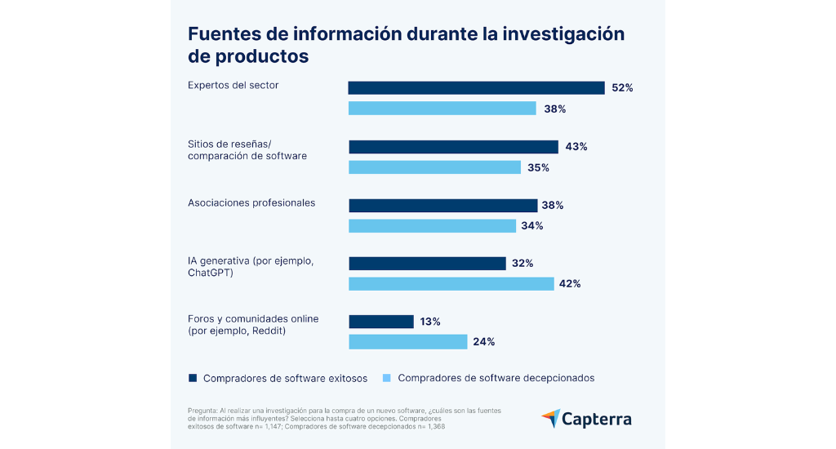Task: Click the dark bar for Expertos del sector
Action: (x=476, y=88)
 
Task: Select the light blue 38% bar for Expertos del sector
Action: (x=442, y=109)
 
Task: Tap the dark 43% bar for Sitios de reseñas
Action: (x=453, y=147)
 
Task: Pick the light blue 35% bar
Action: (x=434, y=167)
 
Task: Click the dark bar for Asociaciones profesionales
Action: (x=442, y=206)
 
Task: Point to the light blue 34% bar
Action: (x=432, y=225)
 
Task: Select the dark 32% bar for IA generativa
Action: (x=427, y=264)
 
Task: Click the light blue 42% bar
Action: (x=451, y=284)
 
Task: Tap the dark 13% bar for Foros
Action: (x=381, y=322)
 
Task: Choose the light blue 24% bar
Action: (x=407, y=342)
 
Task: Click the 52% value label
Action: (x=622, y=88)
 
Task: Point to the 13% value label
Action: (x=430, y=322)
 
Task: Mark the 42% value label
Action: (x=570, y=284)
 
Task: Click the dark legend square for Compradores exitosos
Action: (x=193, y=378)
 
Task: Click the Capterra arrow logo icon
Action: (x=550, y=419)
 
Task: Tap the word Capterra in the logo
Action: (x=597, y=420)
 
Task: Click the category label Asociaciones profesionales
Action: (x=251, y=203)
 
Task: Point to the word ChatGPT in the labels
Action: (x=211, y=273)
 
